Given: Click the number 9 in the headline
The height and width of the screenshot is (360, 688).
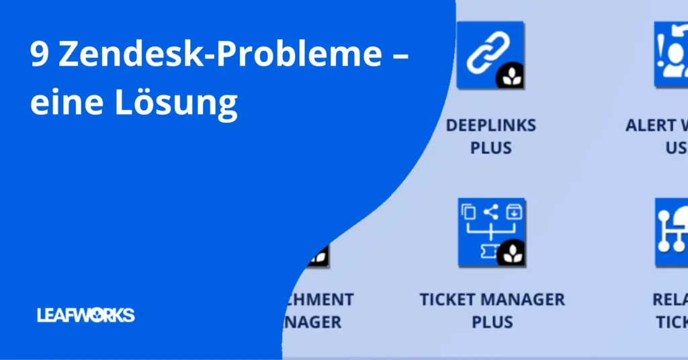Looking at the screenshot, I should pyautogui.click(x=38, y=55).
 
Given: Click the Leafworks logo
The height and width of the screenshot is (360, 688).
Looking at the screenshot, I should pyautogui.click(x=86, y=315).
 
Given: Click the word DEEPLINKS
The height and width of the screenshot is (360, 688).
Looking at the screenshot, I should pyautogui.click(x=491, y=126).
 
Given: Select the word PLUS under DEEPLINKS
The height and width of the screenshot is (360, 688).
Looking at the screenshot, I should pyautogui.click(x=491, y=148).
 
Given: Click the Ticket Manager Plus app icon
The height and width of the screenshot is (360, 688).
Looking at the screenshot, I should pyautogui.click(x=491, y=232).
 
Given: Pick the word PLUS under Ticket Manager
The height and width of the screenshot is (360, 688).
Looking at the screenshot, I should pyautogui.click(x=492, y=321).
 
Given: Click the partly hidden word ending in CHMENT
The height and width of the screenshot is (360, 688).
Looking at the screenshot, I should pyautogui.click(x=320, y=299).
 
